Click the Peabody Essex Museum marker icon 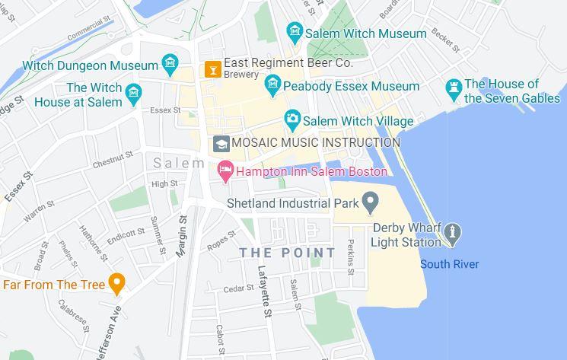click(x=273, y=86)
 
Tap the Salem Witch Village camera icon click(x=292, y=120)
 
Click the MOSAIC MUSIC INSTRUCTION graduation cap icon click(x=221, y=143)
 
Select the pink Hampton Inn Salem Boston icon click(x=225, y=171)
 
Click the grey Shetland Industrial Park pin click(x=370, y=202)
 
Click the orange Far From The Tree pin click(x=116, y=284)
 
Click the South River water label click(x=450, y=264)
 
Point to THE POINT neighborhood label click(x=288, y=252)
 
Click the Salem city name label click(x=179, y=163)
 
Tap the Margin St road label click(x=182, y=236)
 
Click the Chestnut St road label click(x=113, y=161)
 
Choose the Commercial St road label click(x=89, y=30)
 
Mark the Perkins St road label click(x=350, y=256)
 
